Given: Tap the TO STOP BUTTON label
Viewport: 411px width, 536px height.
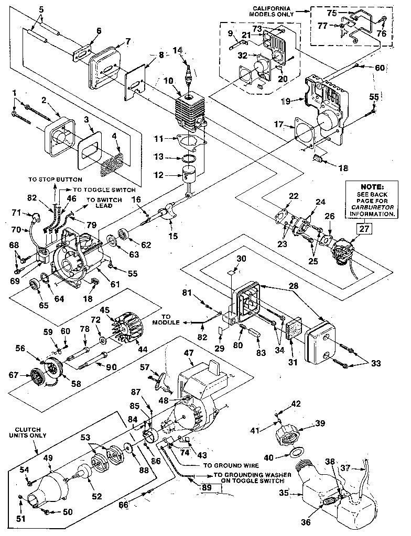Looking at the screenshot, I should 56,179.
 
